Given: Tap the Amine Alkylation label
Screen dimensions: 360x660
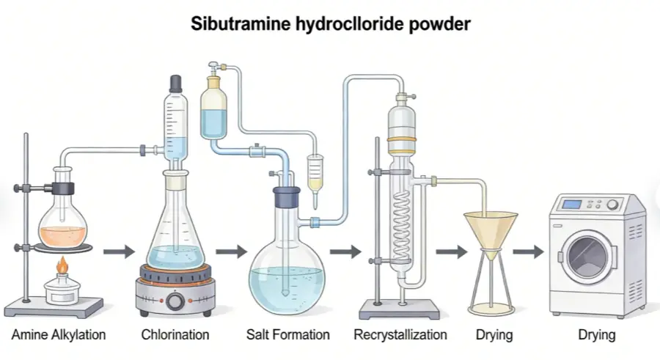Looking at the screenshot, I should [59, 335].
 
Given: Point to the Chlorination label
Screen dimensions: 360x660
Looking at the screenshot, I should [175, 335].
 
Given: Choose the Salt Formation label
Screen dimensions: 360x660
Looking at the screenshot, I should [287, 335].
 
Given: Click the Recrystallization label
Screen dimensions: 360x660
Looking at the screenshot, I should [400, 335].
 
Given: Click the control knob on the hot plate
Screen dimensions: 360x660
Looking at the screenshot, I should [175, 301].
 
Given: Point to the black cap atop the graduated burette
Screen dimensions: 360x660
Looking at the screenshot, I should [175, 83].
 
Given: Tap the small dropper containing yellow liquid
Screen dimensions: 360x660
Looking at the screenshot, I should [315, 176].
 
